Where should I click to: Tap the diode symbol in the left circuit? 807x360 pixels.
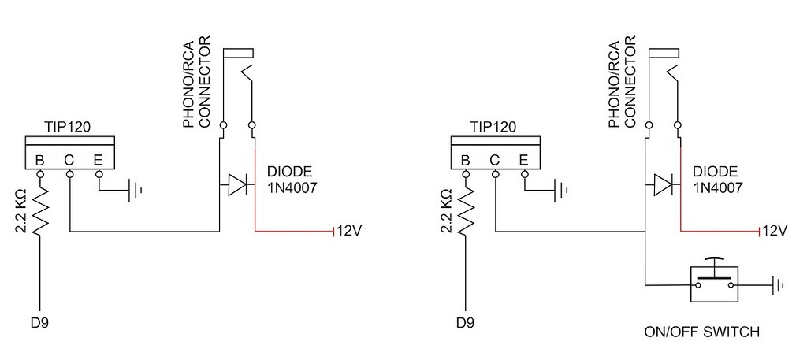(x=236, y=186)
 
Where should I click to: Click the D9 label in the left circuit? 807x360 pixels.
(x=39, y=322)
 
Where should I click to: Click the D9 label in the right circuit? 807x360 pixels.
(x=464, y=322)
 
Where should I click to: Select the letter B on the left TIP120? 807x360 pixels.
(x=39, y=161)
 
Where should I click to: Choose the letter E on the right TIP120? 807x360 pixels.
(x=523, y=161)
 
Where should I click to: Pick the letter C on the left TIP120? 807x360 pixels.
(x=69, y=161)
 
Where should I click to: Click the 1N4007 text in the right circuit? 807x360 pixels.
(x=718, y=189)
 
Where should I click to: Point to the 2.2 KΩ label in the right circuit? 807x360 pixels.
(x=446, y=211)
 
